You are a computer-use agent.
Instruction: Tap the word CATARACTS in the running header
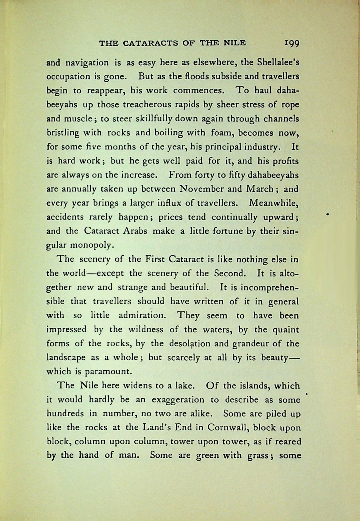pyautogui.click(x=150, y=43)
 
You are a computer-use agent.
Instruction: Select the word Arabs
pyautogui.click(x=135, y=231)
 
